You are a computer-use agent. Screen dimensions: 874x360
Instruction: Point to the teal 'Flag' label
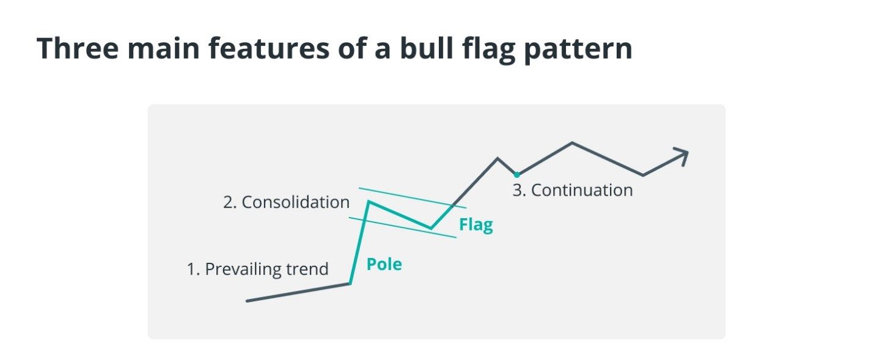coord(476,225)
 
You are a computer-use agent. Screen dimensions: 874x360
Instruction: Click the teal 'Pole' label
coord(384,265)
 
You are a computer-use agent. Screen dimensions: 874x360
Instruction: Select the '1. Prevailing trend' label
coord(258,269)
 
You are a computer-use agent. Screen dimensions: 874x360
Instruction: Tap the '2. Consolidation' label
coord(287,202)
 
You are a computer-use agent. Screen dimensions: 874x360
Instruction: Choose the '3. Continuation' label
coord(573,190)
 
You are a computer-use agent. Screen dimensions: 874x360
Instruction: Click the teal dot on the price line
coord(516,174)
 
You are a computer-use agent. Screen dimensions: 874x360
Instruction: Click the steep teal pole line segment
coord(359,243)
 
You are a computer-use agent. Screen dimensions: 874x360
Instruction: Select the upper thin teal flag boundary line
coord(413,198)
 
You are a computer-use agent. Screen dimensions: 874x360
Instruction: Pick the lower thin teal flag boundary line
coord(403,227)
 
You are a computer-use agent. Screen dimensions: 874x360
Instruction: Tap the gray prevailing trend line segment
coord(298,293)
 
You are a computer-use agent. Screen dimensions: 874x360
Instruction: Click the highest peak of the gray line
coord(573,143)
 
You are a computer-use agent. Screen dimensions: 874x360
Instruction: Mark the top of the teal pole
coord(369,202)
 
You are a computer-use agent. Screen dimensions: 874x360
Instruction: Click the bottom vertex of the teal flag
coord(431,228)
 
